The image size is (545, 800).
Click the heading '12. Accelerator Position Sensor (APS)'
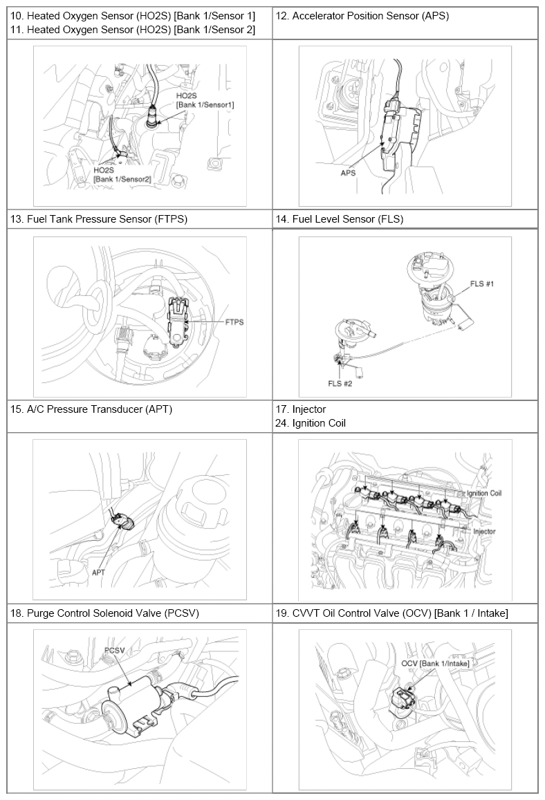click(362, 16)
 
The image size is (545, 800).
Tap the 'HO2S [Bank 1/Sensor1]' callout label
click(205, 100)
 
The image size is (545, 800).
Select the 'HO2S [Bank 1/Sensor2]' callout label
click(122, 174)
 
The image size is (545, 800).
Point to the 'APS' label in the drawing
click(348, 173)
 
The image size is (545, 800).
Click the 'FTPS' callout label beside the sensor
click(234, 322)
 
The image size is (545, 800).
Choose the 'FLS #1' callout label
click(482, 283)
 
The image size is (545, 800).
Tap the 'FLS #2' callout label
click(340, 383)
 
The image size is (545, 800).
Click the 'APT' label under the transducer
click(98, 573)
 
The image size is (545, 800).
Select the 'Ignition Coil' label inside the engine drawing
click(483, 494)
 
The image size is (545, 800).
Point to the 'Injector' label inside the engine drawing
click(484, 531)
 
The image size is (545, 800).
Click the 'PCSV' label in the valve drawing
click(114, 651)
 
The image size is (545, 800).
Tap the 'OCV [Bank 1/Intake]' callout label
click(435, 663)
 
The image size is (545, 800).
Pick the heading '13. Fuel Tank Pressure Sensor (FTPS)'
click(99, 219)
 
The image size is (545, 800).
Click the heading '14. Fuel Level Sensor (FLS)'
click(340, 219)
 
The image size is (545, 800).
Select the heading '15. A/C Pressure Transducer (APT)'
click(91, 409)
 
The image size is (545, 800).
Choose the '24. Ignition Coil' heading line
click(311, 423)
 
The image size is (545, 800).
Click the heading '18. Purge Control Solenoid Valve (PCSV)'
click(104, 613)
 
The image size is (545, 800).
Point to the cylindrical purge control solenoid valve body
click(133, 700)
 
